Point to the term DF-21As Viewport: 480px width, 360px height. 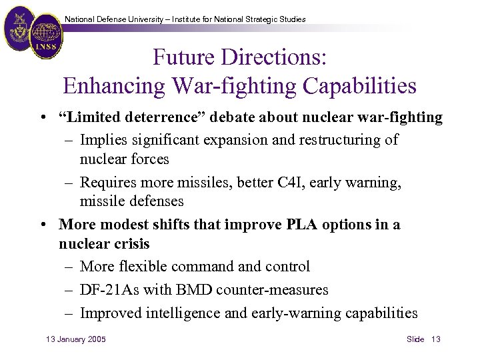click(x=109, y=290)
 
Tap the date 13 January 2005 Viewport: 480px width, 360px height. click(x=75, y=339)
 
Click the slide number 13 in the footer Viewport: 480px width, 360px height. click(x=436, y=339)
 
